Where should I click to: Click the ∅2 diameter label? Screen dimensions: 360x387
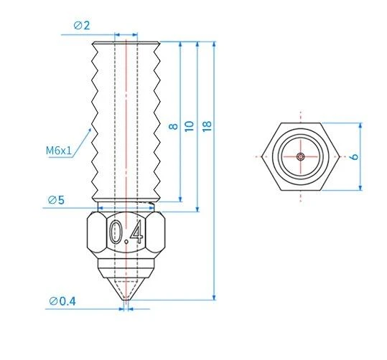pos(82,26)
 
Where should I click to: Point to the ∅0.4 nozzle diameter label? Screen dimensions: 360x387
pos(63,300)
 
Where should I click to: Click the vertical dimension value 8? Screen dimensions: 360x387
pos(172,125)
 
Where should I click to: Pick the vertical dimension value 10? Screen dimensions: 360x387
pos(190,125)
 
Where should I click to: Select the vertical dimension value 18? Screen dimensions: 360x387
pos(208,125)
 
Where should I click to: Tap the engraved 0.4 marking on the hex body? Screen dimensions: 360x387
pos(125,232)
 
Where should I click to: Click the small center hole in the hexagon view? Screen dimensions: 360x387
pos(300,156)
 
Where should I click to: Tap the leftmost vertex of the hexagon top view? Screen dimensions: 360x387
pos(261,156)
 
